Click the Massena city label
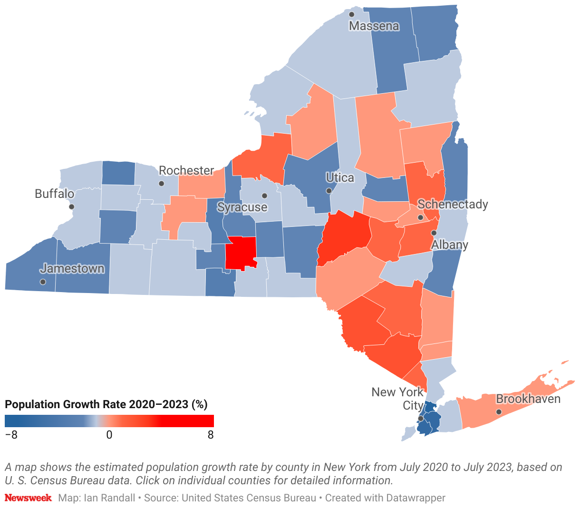point(374,26)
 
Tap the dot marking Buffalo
point(71,206)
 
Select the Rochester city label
point(186,170)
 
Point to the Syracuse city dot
point(264,196)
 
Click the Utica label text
point(340,177)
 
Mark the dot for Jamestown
point(43,282)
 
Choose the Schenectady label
point(453,204)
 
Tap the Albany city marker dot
point(434,233)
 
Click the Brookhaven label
point(528,399)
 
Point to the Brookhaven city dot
point(499,412)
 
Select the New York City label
point(397,399)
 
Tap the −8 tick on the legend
point(11,435)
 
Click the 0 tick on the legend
point(109,435)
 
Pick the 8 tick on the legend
point(211,435)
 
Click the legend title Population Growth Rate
point(106,404)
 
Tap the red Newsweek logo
point(28,498)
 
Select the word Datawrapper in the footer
point(416,498)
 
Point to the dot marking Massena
point(352,14)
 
